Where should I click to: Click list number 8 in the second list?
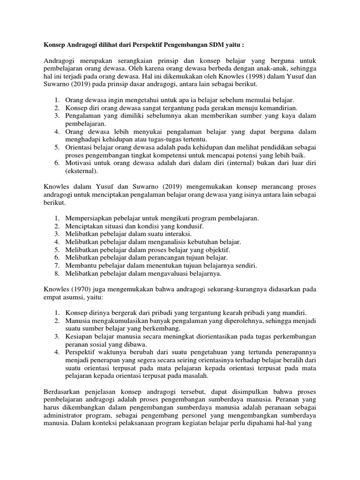click(x=57, y=273)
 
